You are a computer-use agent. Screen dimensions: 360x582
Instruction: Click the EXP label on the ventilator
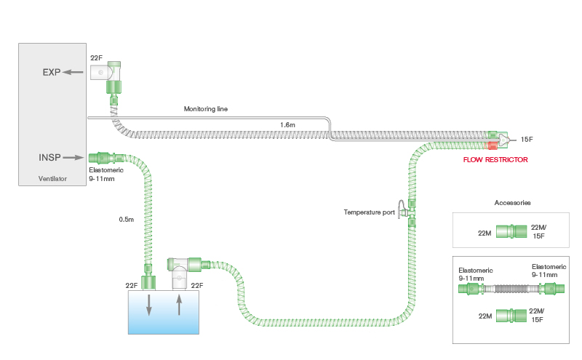coord(50,72)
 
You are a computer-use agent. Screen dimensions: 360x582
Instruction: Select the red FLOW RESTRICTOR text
coord(495,159)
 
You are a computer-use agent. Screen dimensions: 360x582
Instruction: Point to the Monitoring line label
coord(207,109)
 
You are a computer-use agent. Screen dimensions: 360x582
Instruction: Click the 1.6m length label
coord(288,125)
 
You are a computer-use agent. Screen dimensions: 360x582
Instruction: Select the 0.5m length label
coord(127,219)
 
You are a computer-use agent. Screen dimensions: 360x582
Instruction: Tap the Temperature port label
coord(369,212)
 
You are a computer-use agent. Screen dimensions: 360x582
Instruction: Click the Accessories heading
coord(512,202)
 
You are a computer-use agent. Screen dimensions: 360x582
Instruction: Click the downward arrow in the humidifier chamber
coord(149,305)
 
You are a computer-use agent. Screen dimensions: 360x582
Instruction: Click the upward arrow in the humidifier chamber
coord(180,304)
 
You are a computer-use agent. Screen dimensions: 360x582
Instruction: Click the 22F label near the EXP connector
coord(96,57)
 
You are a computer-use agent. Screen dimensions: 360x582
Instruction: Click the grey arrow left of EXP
coord(73,72)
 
